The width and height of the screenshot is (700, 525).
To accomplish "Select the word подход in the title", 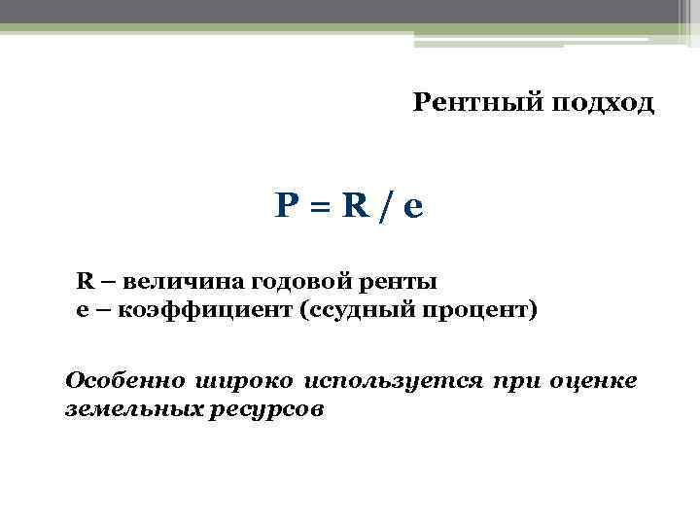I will pos(604,103).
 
